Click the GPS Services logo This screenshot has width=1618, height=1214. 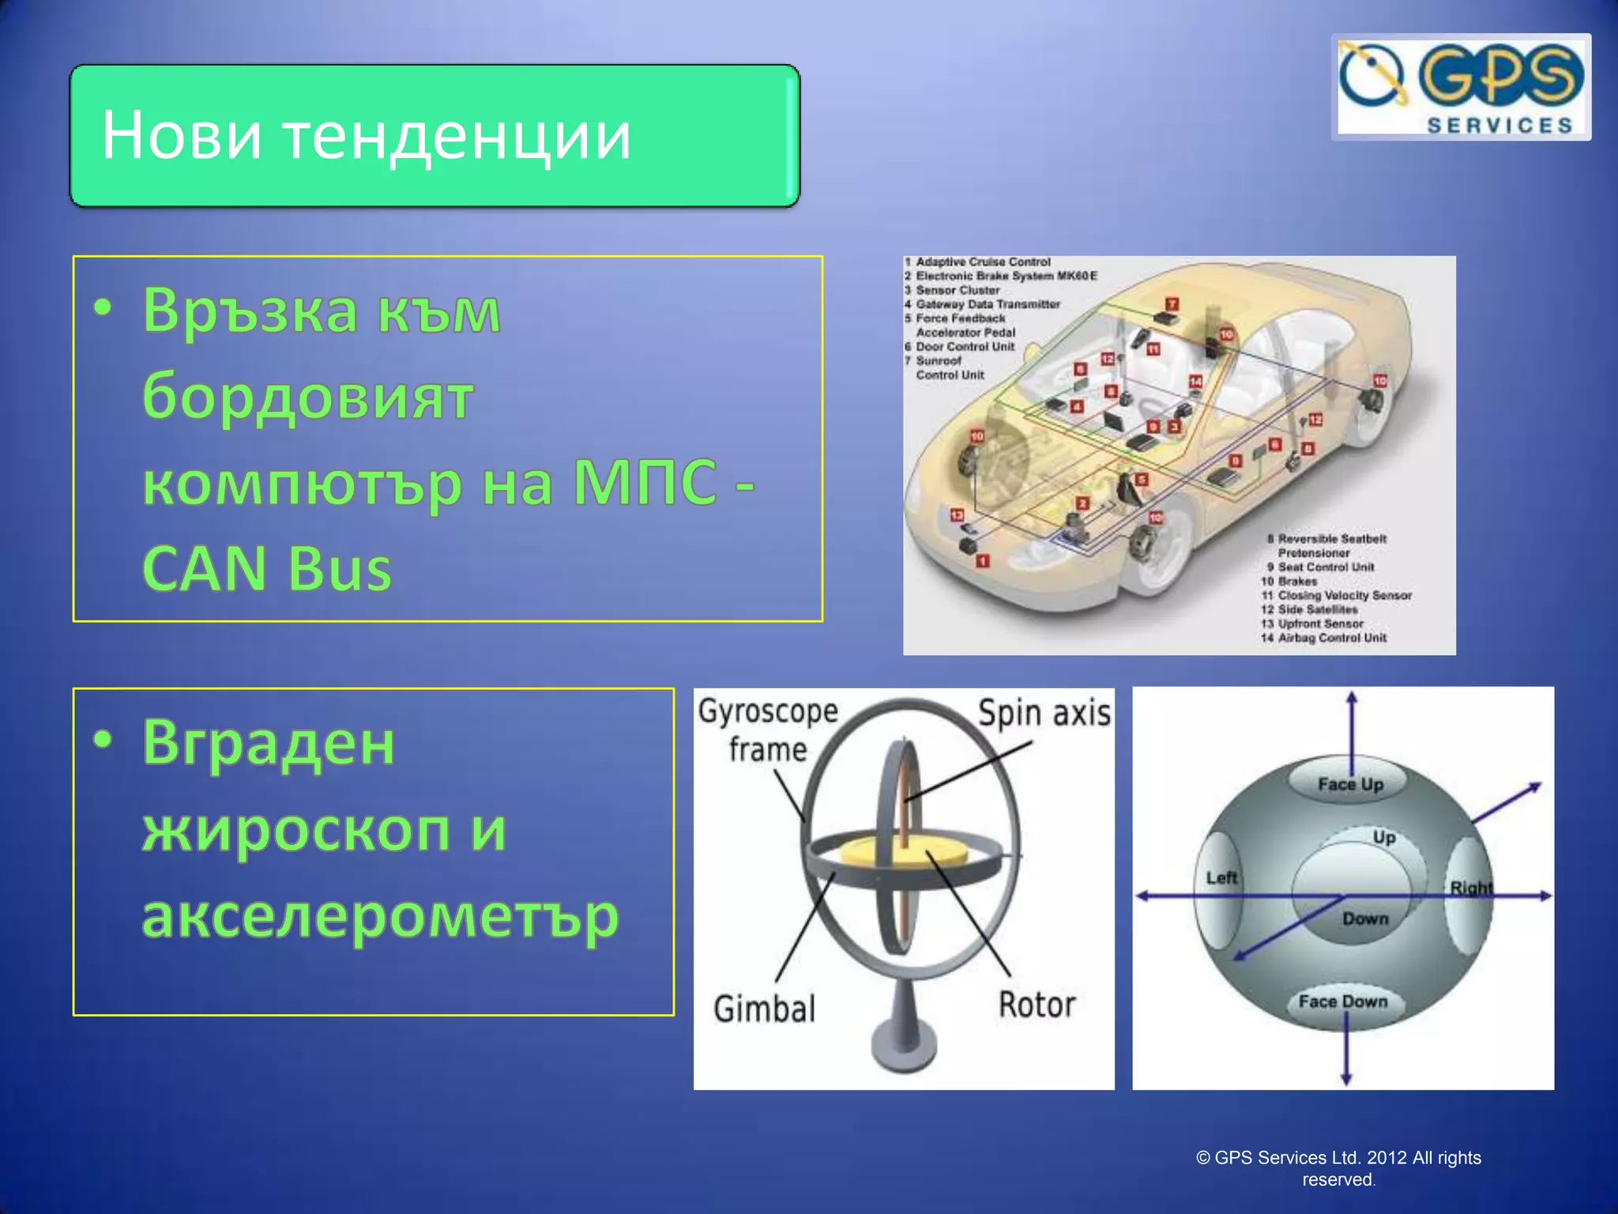pyautogui.click(x=1460, y=87)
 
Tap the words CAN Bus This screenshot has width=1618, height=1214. pyautogui.click(x=266, y=568)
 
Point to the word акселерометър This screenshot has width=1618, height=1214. pyautogui.click(x=380, y=916)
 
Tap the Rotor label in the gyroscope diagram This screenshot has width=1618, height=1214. pyautogui.click(x=1037, y=1005)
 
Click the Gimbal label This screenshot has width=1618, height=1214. pyautogui.click(x=764, y=1009)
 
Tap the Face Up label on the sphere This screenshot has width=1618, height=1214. pyautogui.click(x=1349, y=784)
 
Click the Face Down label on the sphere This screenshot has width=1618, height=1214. pyautogui.click(x=1342, y=1001)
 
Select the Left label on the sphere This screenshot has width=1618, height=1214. pyautogui.click(x=1221, y=878)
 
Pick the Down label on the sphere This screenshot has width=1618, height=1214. pyautogui.click(x=1364, y=918)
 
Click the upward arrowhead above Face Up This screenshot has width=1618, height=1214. pyautogui.click(x=1352, y=699)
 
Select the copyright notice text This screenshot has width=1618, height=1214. pyautogui.click(x=1338, y=1168)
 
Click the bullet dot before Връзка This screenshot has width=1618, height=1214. pyautogui.click(x=103, y=308)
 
